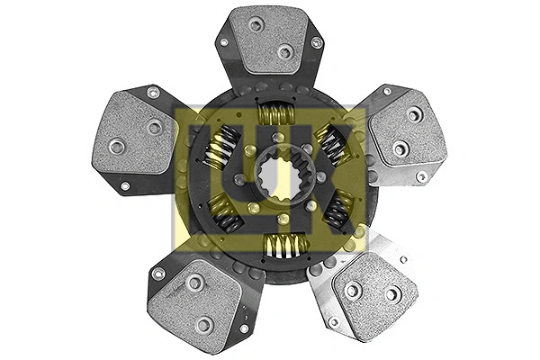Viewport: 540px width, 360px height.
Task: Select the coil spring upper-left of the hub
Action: [220, 147]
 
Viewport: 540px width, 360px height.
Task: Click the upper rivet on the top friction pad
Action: [256, 23]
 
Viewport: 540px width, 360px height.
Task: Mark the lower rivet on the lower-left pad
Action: [204, 324]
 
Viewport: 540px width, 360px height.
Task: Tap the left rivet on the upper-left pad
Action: [116, 146]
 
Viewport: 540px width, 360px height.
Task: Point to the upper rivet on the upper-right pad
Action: [413, 115]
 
